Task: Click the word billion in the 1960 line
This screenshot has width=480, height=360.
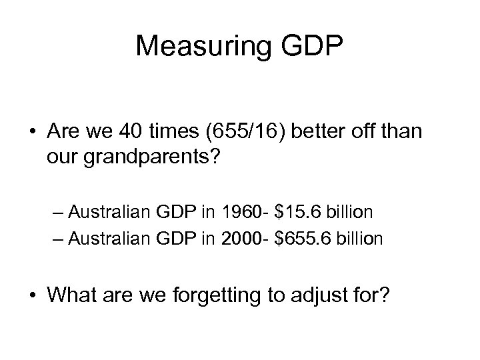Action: (x=351, y=213)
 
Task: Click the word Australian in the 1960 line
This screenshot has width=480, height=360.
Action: (x=114, y=213)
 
